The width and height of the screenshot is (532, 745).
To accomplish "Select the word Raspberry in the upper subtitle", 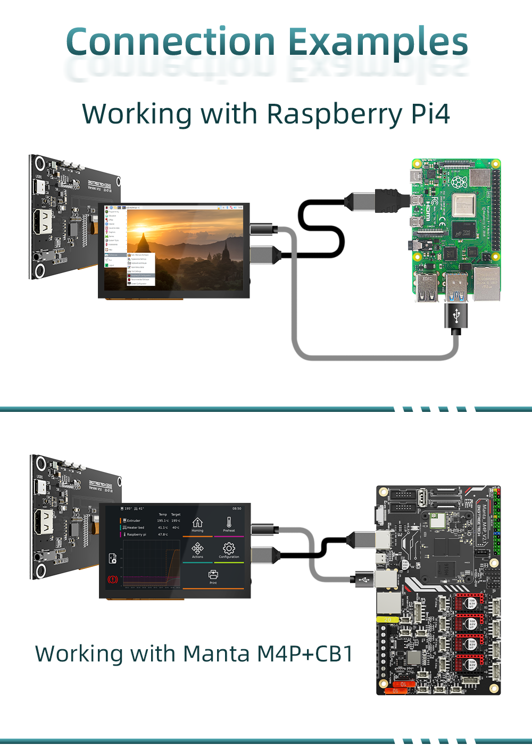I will click(x=334, y=114).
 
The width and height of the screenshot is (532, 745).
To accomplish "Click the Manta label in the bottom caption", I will click(x=216, y=653).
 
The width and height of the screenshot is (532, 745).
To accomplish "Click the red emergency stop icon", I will click(x=113, y=579).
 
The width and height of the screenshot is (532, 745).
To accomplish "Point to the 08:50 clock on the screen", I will click(x=237, y=509).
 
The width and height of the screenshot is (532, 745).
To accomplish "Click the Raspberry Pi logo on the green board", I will click(x=459, y=183).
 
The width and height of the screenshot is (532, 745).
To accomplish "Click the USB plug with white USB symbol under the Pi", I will click(x=456, y=316).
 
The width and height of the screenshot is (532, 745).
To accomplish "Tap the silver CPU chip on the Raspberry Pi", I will click(x=463, y=205).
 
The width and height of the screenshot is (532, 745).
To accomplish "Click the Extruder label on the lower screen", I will click(x=134, y=520).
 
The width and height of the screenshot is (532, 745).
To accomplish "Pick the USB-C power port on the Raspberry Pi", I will click(x=416, y=176).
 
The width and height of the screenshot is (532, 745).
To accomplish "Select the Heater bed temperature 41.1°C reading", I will click(x=163, y=527).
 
